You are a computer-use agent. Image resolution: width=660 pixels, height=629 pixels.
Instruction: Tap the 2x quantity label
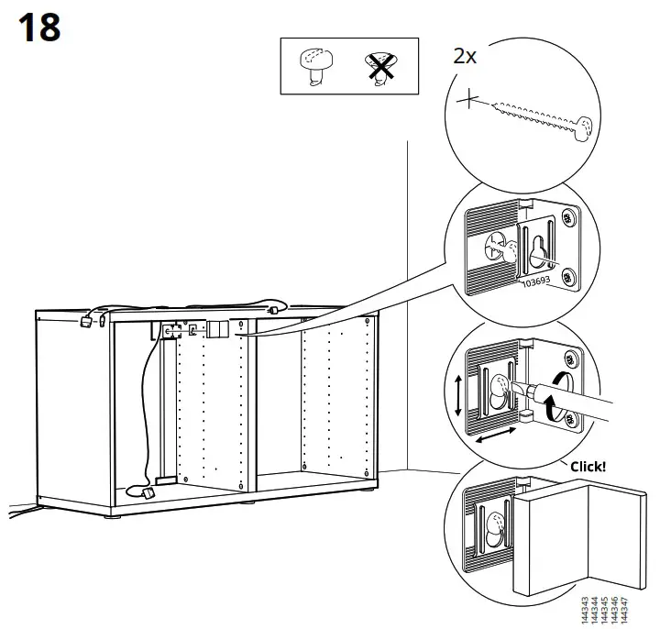coord(465,55)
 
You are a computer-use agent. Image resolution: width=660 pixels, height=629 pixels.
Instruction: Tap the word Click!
coord(588,466)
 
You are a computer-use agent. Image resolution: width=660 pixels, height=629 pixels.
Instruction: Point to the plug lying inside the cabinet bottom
coord(148,492)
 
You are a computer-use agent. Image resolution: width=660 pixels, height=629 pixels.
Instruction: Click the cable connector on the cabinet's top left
coord(87,320)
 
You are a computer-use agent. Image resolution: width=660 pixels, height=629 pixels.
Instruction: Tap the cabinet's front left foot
coord(112,517)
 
